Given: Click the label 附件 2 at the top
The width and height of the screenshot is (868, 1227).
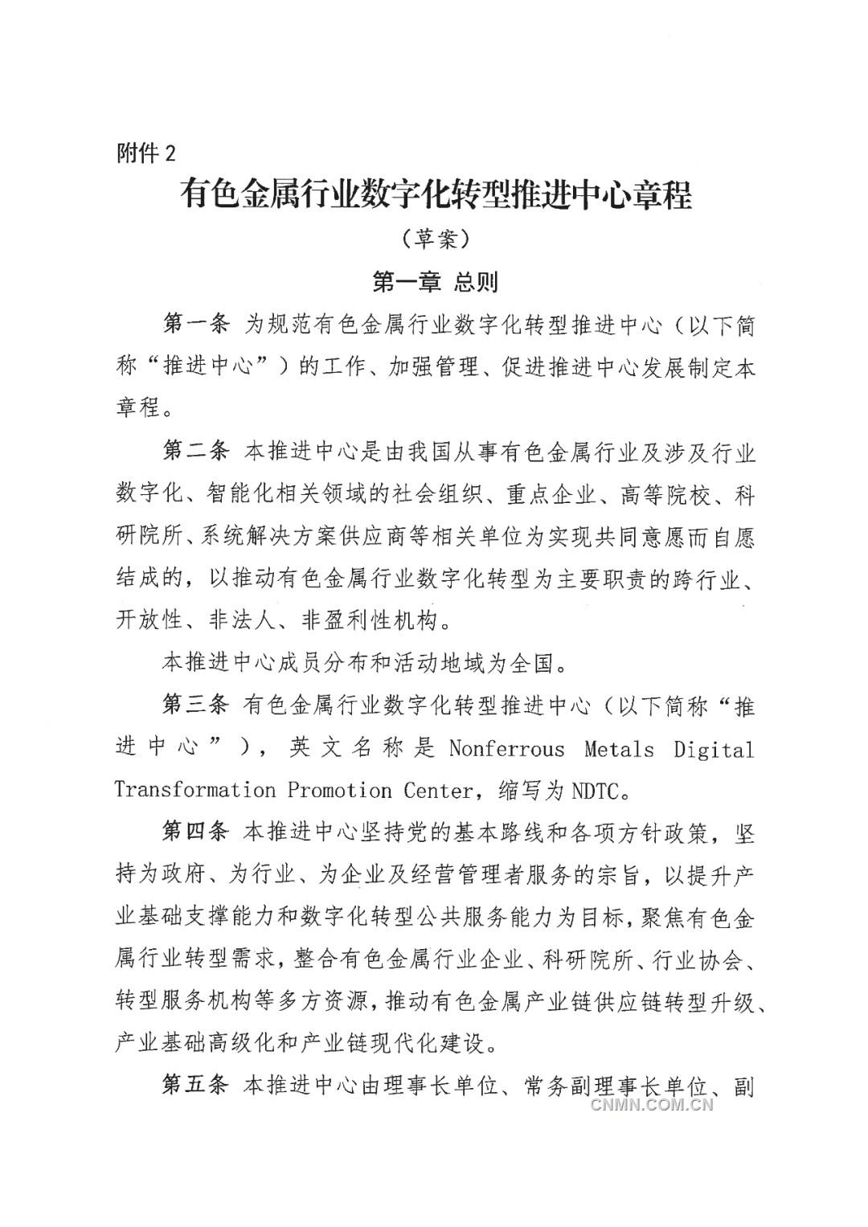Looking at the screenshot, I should point(145,153).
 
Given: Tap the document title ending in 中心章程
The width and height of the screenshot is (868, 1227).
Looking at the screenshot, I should point(436,195).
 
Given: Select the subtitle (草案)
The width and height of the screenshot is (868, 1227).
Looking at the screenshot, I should point(435,239).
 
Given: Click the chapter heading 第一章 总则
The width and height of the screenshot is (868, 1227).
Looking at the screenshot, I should point(435,282).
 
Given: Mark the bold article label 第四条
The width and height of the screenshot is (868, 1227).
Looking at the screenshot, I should point(196,832).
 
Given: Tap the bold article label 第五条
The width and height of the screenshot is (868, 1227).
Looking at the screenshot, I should point(196,1086).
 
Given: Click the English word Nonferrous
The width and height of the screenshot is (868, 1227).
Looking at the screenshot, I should point(506,749).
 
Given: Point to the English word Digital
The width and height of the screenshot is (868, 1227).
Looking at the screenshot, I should point(714,749).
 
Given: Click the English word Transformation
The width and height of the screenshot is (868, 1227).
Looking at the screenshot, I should point(195,791).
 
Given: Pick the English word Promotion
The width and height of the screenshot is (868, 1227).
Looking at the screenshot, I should point(340,791).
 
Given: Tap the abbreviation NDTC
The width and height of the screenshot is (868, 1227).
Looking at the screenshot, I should point(596,791).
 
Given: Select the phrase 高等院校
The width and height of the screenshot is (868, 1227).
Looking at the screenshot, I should point(665,494).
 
